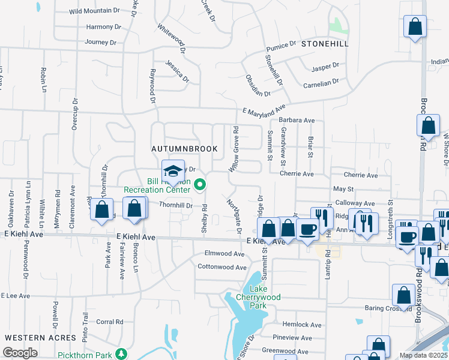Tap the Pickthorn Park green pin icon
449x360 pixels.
coord(122,354)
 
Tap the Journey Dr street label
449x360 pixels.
coord(100,42)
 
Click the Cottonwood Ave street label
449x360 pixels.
coord(222,267)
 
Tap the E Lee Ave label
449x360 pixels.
coord(16,296)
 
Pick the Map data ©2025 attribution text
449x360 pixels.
coord(423,355)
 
